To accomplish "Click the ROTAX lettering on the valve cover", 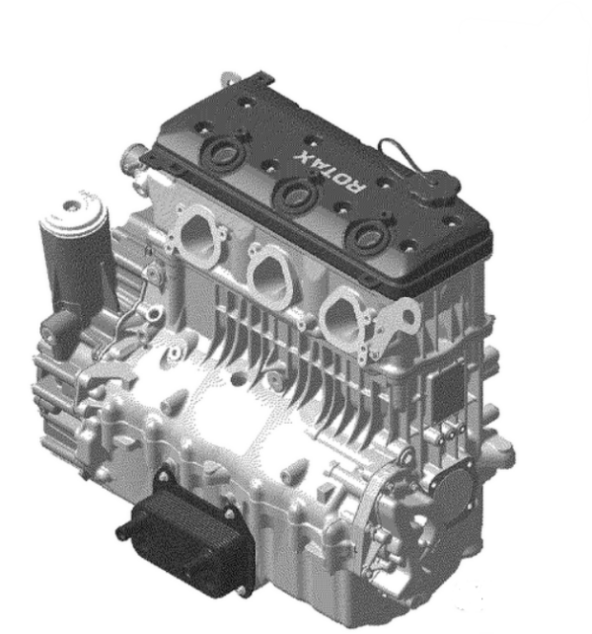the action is tap(331, 171).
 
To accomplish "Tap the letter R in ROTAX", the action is tap(357, 185).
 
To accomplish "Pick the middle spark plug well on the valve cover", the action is tap(295, 195).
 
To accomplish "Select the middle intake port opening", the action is tap(268, 276).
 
